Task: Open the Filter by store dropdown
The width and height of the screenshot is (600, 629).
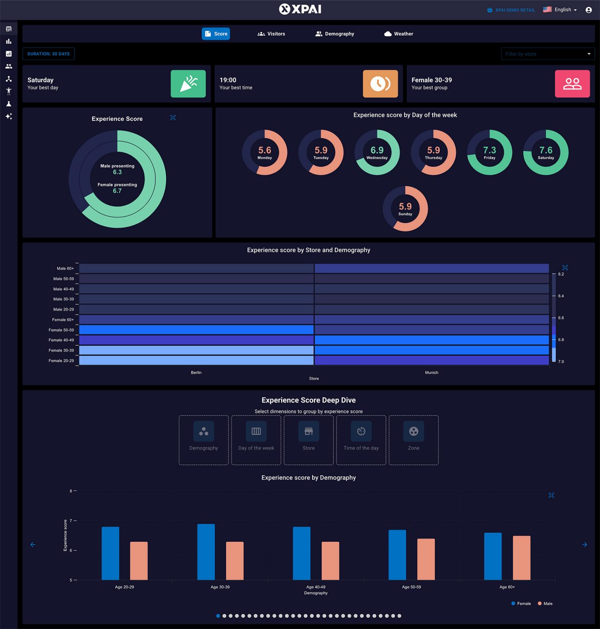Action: [547, 54]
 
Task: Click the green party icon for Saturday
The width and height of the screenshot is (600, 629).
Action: [188, 83]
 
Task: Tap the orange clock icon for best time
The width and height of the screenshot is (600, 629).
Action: [380, 83]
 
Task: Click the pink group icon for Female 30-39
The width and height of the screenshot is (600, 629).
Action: [572, 83]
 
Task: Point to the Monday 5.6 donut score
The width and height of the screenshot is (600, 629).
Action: [264, 152]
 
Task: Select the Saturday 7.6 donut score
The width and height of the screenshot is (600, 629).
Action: [546, 152]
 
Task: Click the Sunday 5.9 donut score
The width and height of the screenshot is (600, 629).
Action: [405, 208]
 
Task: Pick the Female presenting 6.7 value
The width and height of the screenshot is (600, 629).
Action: [117, 191]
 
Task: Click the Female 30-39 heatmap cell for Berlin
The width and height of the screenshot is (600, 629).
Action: [196, 350]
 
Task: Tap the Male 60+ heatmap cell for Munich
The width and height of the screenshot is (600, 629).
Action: [431, 268]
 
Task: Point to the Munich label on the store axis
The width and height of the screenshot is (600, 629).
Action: [431, 372]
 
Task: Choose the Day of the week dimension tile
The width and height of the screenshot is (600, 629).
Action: [256, 440]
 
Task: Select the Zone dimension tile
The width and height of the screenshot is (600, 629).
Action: [413, 440]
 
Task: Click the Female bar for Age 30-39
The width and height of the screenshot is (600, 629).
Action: [206, 552]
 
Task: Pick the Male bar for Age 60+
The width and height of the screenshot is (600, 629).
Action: [521, 558]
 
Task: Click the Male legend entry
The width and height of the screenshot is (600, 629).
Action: [545, 604]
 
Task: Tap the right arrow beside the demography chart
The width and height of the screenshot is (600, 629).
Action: [585, 545]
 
